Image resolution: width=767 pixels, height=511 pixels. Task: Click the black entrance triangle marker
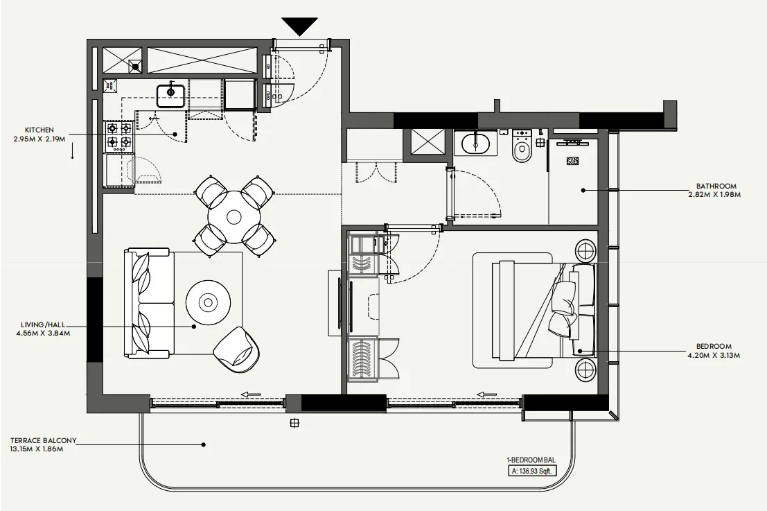tap(300, 26)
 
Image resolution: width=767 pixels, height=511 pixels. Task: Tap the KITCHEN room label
tap(39, 130)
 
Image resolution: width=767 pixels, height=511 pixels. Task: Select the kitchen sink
tap(170, 93)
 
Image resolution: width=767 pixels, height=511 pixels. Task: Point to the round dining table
tap(234, 216)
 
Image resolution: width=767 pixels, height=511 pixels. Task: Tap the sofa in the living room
tap(148, 303)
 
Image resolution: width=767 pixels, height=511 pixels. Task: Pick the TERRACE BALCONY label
tap(43, 440)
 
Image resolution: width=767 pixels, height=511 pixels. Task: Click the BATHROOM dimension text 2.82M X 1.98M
tap(717, 195)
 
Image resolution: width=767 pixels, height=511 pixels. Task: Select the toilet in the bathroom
tap(522, 148)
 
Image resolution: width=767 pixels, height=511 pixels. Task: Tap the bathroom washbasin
tap(475, 144)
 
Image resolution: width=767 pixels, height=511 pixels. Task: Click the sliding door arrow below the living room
tap(251, 395)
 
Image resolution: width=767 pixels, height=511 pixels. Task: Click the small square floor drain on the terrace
tap(294, 422)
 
